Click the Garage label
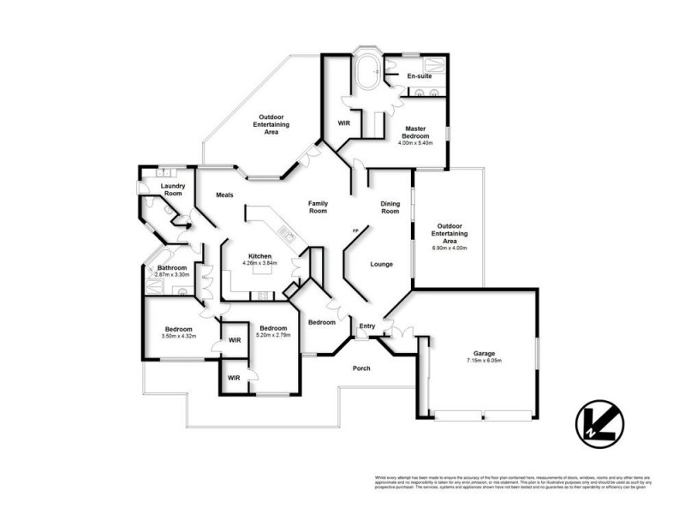tap(484, 353)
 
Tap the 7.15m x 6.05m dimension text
tap(484, 361)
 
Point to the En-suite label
tap(419, 76)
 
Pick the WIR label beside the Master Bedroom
tap(344, 123)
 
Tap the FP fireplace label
tap(354, 231)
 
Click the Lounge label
tap(382, 264)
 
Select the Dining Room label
tap(390, 206)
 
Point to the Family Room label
tap(319, 206)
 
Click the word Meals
tap(225, 194)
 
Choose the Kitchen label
tap(260, 256)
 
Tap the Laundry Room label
tap(174, 189)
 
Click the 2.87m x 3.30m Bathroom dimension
tap(177, 275)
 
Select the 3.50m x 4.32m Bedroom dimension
tap(179, 336)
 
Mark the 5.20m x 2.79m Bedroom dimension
tap(273, 335)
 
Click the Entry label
tap(367, 326)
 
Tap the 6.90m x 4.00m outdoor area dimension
tap(450, 248)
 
